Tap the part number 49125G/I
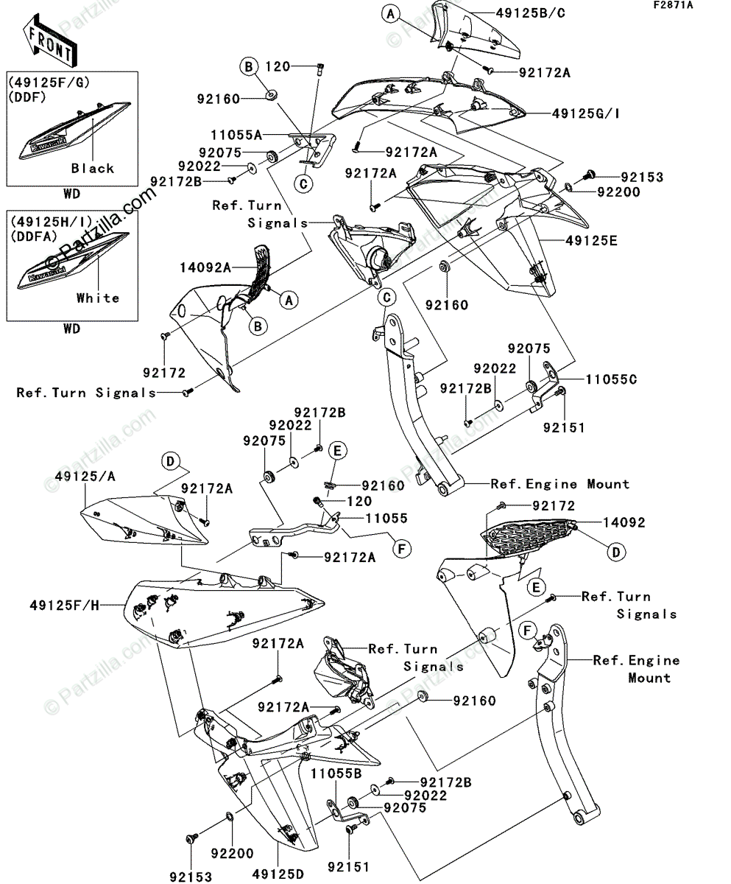586,113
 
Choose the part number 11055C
611,380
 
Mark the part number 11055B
336,774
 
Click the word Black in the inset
93,168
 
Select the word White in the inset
97,298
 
